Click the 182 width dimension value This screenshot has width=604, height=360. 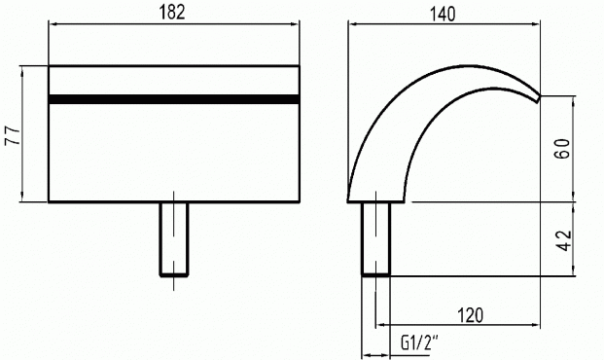[x=172, y=12]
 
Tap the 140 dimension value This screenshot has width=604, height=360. [x=443, y=15]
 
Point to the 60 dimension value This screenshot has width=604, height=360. [x=562, y=149]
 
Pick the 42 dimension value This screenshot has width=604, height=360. [x=564, y=241]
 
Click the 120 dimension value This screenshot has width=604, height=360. [x=471, y=315]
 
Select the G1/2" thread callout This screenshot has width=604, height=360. [x=420, y=342]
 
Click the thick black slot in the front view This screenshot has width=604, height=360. [x=174, y=99]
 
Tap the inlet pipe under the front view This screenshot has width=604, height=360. [x=174, y=239]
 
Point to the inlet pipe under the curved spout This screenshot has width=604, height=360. [x=376, y=238]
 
